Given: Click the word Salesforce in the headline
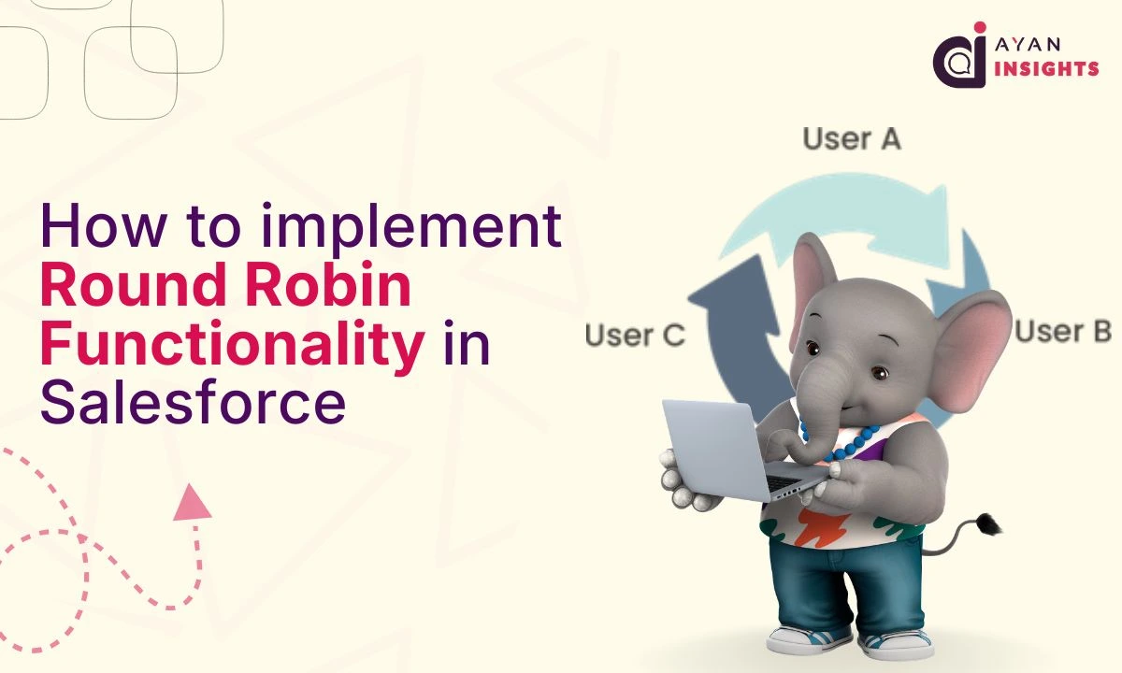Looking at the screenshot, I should pos(192,403).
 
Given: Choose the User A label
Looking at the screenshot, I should pos(851,139).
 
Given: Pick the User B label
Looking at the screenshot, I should pos(1062,331).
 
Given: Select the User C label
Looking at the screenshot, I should pos(636,335).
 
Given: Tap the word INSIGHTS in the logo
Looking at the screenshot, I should pos(1047,68).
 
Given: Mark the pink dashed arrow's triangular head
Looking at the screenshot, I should pos(192,502).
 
